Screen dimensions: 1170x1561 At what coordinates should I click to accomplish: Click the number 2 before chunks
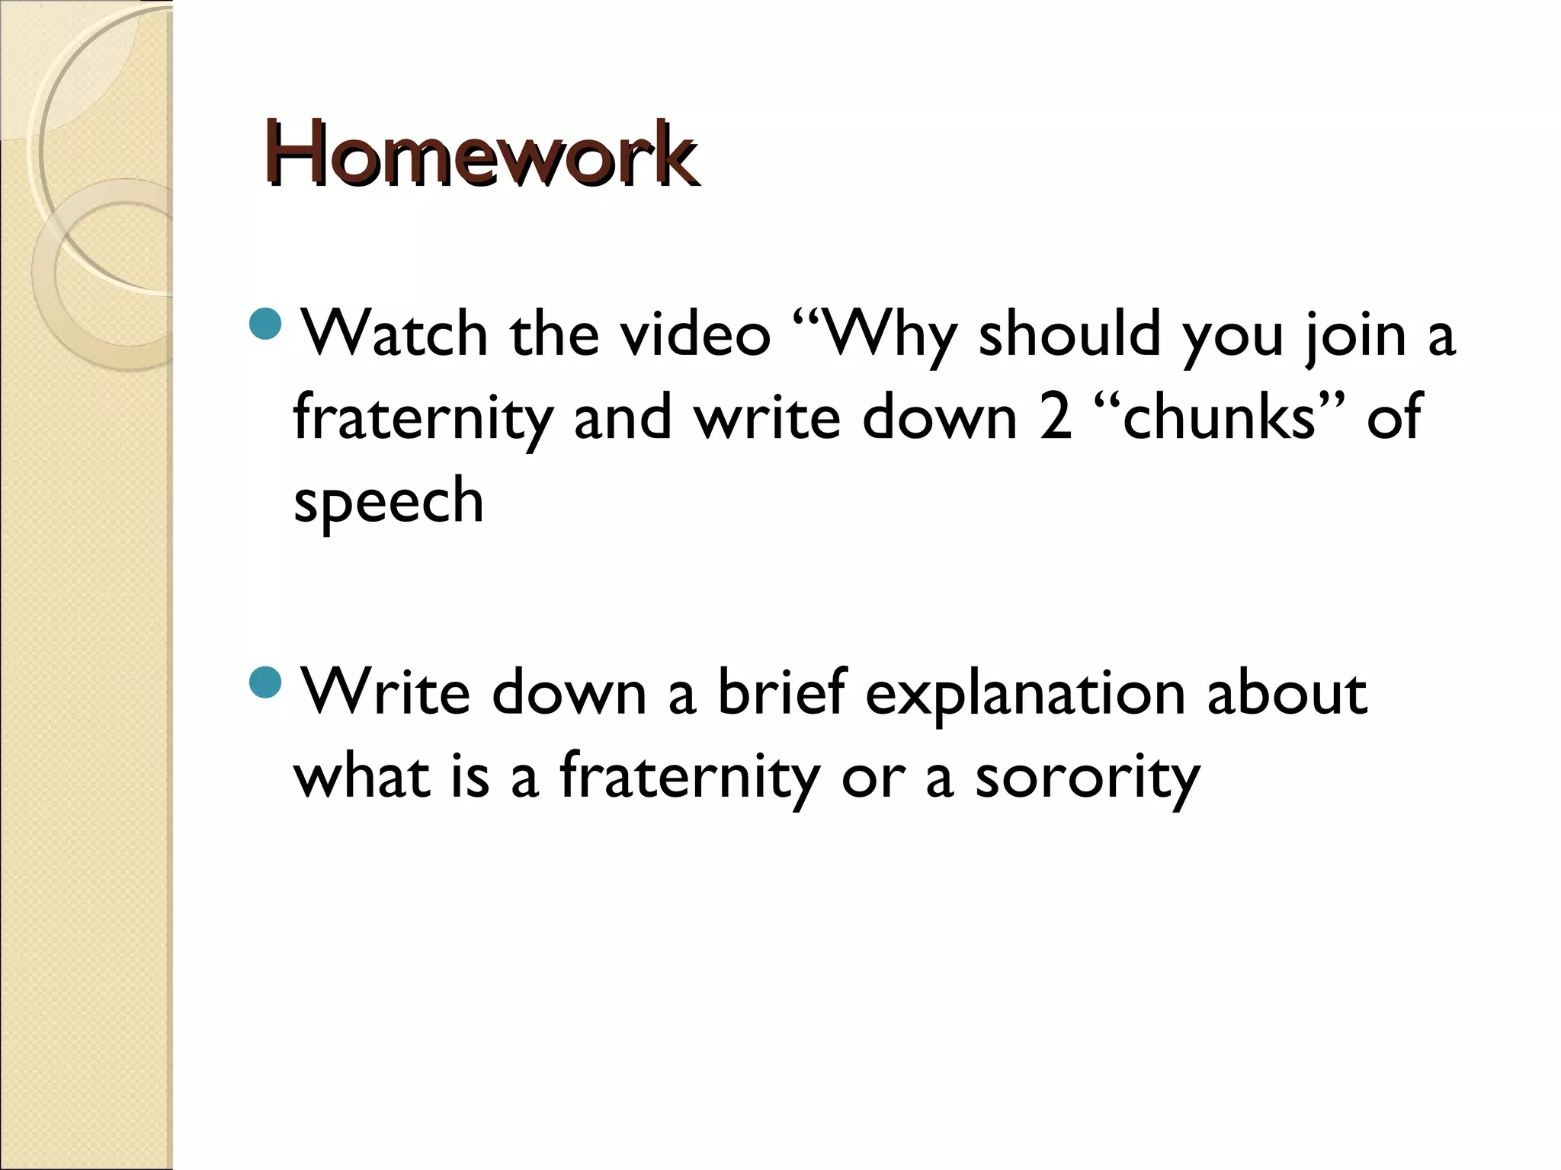1055,418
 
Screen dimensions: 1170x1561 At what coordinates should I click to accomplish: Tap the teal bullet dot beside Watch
266,325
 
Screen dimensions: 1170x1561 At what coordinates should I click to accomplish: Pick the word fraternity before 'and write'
422,420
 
